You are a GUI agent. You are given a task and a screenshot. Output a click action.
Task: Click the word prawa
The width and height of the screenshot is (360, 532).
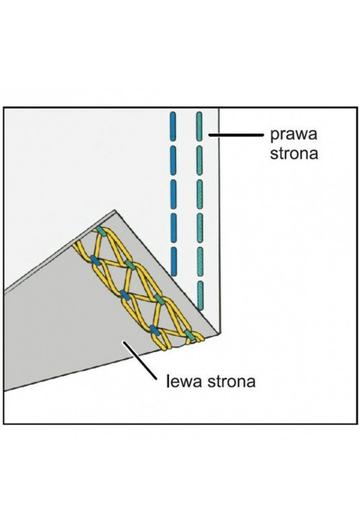[293, 135]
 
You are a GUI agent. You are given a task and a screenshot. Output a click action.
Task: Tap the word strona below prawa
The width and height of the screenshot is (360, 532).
[294, 154]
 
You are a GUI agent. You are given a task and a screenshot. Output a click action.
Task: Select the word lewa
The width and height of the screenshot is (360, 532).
[184, 381]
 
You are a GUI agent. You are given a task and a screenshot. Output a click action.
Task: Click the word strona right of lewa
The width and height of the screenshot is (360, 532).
[231, 382]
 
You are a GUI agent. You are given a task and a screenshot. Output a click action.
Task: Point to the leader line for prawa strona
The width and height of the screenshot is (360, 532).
[236, 135]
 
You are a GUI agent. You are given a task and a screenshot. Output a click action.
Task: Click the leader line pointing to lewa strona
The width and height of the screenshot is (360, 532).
[140, 360]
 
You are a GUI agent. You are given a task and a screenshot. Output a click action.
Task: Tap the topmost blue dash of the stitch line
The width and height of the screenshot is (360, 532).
[173, 126]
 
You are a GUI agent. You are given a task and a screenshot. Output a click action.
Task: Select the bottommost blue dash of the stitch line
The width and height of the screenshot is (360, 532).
[174, 261]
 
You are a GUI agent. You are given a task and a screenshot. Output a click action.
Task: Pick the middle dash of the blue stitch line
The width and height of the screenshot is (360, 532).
[174, 194]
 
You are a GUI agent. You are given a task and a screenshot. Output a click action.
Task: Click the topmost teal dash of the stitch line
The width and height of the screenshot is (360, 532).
[199, 126]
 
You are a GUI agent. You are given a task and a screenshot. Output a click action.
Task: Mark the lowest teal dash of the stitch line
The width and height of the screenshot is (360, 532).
[201, 295]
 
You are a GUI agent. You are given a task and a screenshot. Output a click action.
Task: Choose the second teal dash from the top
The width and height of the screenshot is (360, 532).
[199, 160]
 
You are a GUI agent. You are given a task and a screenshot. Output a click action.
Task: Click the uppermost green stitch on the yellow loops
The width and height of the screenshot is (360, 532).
[101, 231]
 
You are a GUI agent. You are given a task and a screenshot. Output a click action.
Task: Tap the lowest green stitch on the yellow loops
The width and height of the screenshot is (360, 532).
[190, 335]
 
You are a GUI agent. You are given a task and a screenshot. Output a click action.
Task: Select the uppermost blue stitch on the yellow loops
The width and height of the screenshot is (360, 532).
[95, 261]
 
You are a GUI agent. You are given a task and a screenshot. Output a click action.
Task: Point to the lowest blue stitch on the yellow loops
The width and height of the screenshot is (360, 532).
[154, 329]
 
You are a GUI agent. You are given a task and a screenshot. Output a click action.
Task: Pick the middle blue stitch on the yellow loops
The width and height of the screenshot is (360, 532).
[124, 295]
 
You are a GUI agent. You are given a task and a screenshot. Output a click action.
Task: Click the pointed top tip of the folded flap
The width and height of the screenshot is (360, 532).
[115, 210]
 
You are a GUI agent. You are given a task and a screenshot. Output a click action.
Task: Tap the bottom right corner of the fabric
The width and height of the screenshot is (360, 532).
[219, 333]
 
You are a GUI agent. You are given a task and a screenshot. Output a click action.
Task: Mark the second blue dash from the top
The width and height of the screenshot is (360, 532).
[173, 160]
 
